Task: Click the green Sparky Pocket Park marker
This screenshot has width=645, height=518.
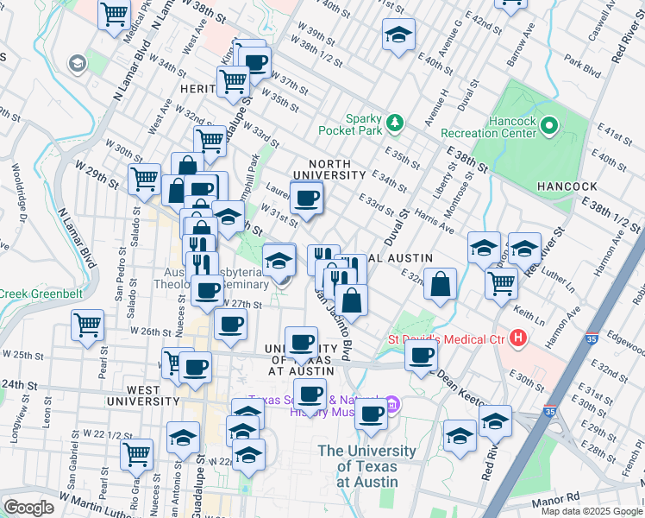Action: [396, 123]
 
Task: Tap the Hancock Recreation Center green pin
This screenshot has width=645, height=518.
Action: [549, 127]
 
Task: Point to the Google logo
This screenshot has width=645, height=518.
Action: [29, 508]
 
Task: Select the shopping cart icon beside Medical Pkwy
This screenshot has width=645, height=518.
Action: [114, 15]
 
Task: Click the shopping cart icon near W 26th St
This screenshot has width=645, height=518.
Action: [87, 327]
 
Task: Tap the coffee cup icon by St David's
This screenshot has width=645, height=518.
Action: [422, 355]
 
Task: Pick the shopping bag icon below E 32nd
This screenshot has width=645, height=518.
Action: [440, 284]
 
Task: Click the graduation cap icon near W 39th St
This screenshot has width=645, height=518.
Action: [398, 35]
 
